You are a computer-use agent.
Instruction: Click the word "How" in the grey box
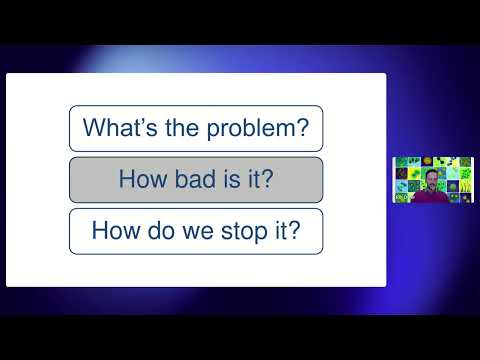coord(141,180)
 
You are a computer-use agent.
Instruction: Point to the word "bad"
coord(190,180)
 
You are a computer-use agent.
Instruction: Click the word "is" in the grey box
coord(225,180)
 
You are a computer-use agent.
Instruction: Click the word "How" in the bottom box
coord(113,232)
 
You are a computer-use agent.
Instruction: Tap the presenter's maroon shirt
coord(433,198)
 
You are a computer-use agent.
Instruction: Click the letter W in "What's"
coord(93,128)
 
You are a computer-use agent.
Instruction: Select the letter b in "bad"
coord(176,180)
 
